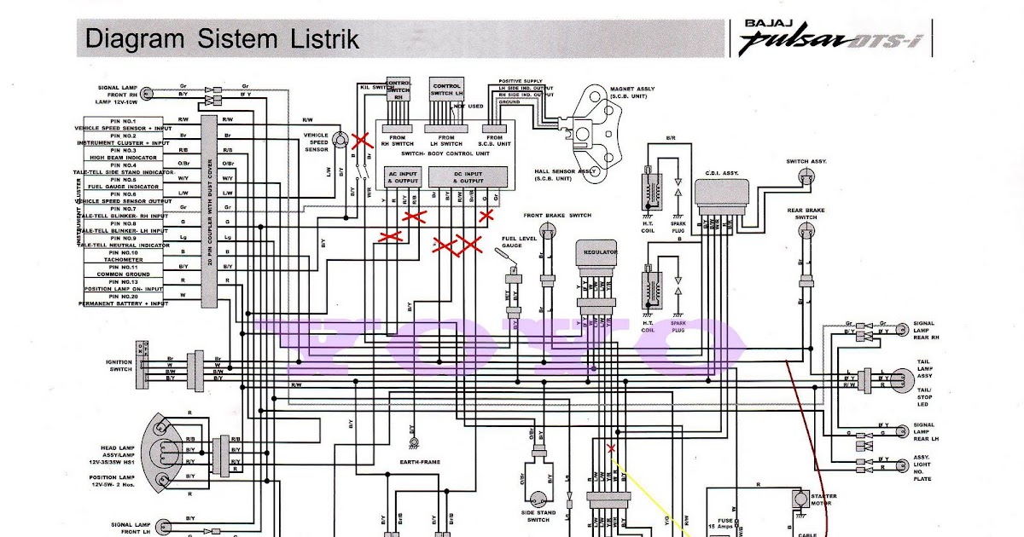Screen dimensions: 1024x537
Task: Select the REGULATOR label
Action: (x=600, y=253)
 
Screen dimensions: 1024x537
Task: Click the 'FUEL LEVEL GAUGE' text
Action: (x=519, y=242)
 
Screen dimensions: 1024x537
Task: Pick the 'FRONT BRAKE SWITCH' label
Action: (x=558, y=216)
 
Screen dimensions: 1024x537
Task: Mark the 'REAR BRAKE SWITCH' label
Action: (x=806, y=213)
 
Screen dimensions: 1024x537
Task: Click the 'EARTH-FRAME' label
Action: (x=420, y=462)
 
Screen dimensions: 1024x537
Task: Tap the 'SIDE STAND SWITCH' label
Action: (x=539, y=517)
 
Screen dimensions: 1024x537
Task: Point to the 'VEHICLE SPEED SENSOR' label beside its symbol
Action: (x=316, y=142)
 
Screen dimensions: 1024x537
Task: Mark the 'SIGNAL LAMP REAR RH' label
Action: (x=924, y=332)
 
